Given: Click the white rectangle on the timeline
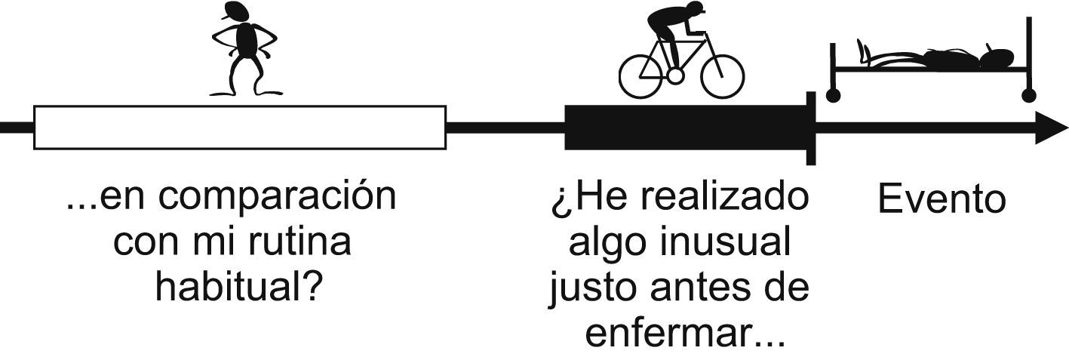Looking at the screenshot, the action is [x=240, y=128].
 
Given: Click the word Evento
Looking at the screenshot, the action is [x=942, y=200].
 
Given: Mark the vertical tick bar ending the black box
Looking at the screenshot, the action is [x=811, y=128].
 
